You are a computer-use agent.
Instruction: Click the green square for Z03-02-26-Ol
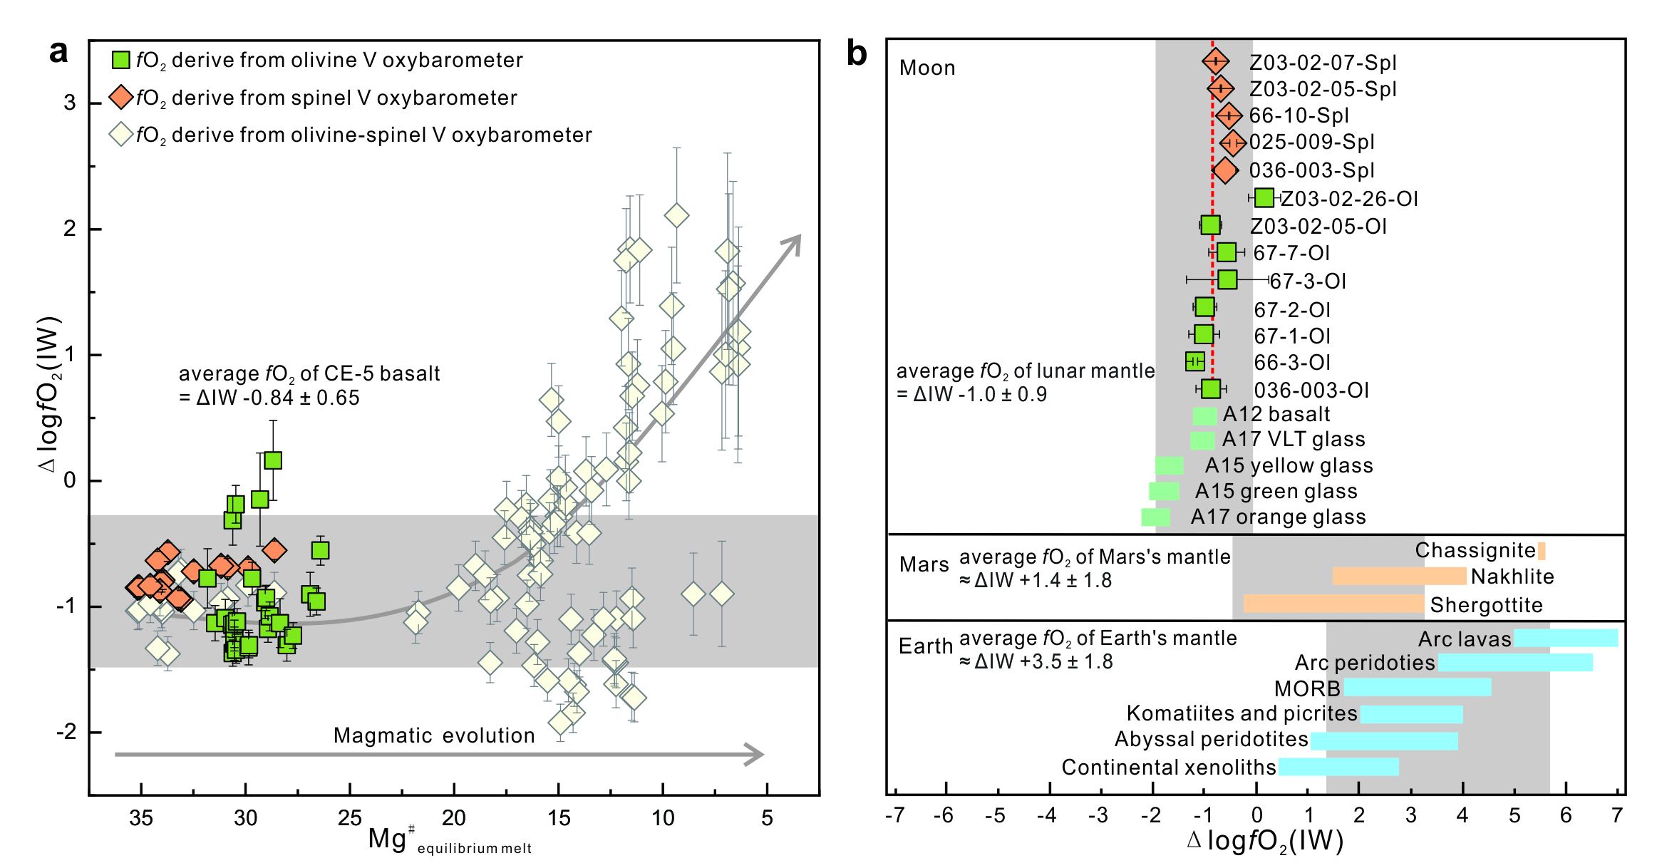[x=1264, y=198]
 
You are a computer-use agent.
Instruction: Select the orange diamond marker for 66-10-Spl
[x=1228, y=115]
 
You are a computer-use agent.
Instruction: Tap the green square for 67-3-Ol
[x=1227, y=280]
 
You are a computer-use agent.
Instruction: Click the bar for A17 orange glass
[x=1155, y=517]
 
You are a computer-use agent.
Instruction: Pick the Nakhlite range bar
[x=1399, y=577]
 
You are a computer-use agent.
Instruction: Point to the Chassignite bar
[x=1542, y=551]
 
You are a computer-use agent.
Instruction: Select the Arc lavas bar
[x=1566, y=639]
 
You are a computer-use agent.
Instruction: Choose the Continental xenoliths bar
[x=1338, y=767]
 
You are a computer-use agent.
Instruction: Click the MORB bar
[x=1417, y=688]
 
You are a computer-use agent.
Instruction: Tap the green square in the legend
[x=121, y=60]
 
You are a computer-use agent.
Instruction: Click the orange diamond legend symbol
[x=121, y=97]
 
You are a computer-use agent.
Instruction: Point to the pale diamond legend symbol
[x=121, y=134]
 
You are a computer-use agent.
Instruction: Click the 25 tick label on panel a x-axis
[x=349, y=817]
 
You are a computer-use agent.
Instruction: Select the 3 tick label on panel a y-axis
[x=69, y=103]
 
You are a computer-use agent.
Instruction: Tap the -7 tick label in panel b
[x=894, y=815]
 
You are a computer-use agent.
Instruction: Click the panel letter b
[x=856, y=54]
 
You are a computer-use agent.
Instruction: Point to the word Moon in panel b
[x=927, y=68]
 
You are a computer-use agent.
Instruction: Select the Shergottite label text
[x=1486, y=605]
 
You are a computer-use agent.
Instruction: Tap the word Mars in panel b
[x=924, y=564]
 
